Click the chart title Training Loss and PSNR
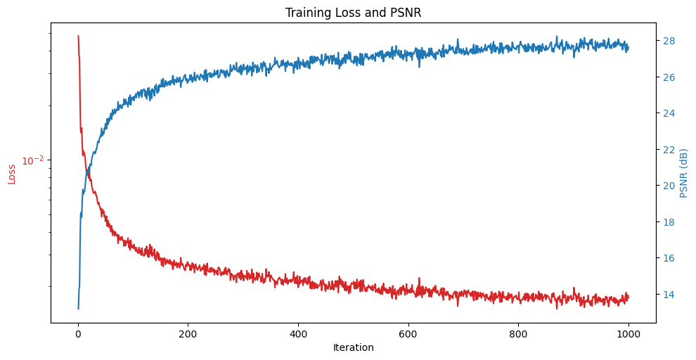[x=353, y=13]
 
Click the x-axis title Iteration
[x=353, y=347]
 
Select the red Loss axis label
[x=11, y=174]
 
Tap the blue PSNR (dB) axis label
[x=683, y=173]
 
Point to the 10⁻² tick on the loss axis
[x=32, y=161]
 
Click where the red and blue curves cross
[x=88, y=170]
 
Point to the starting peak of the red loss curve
[x=78, y=36]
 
